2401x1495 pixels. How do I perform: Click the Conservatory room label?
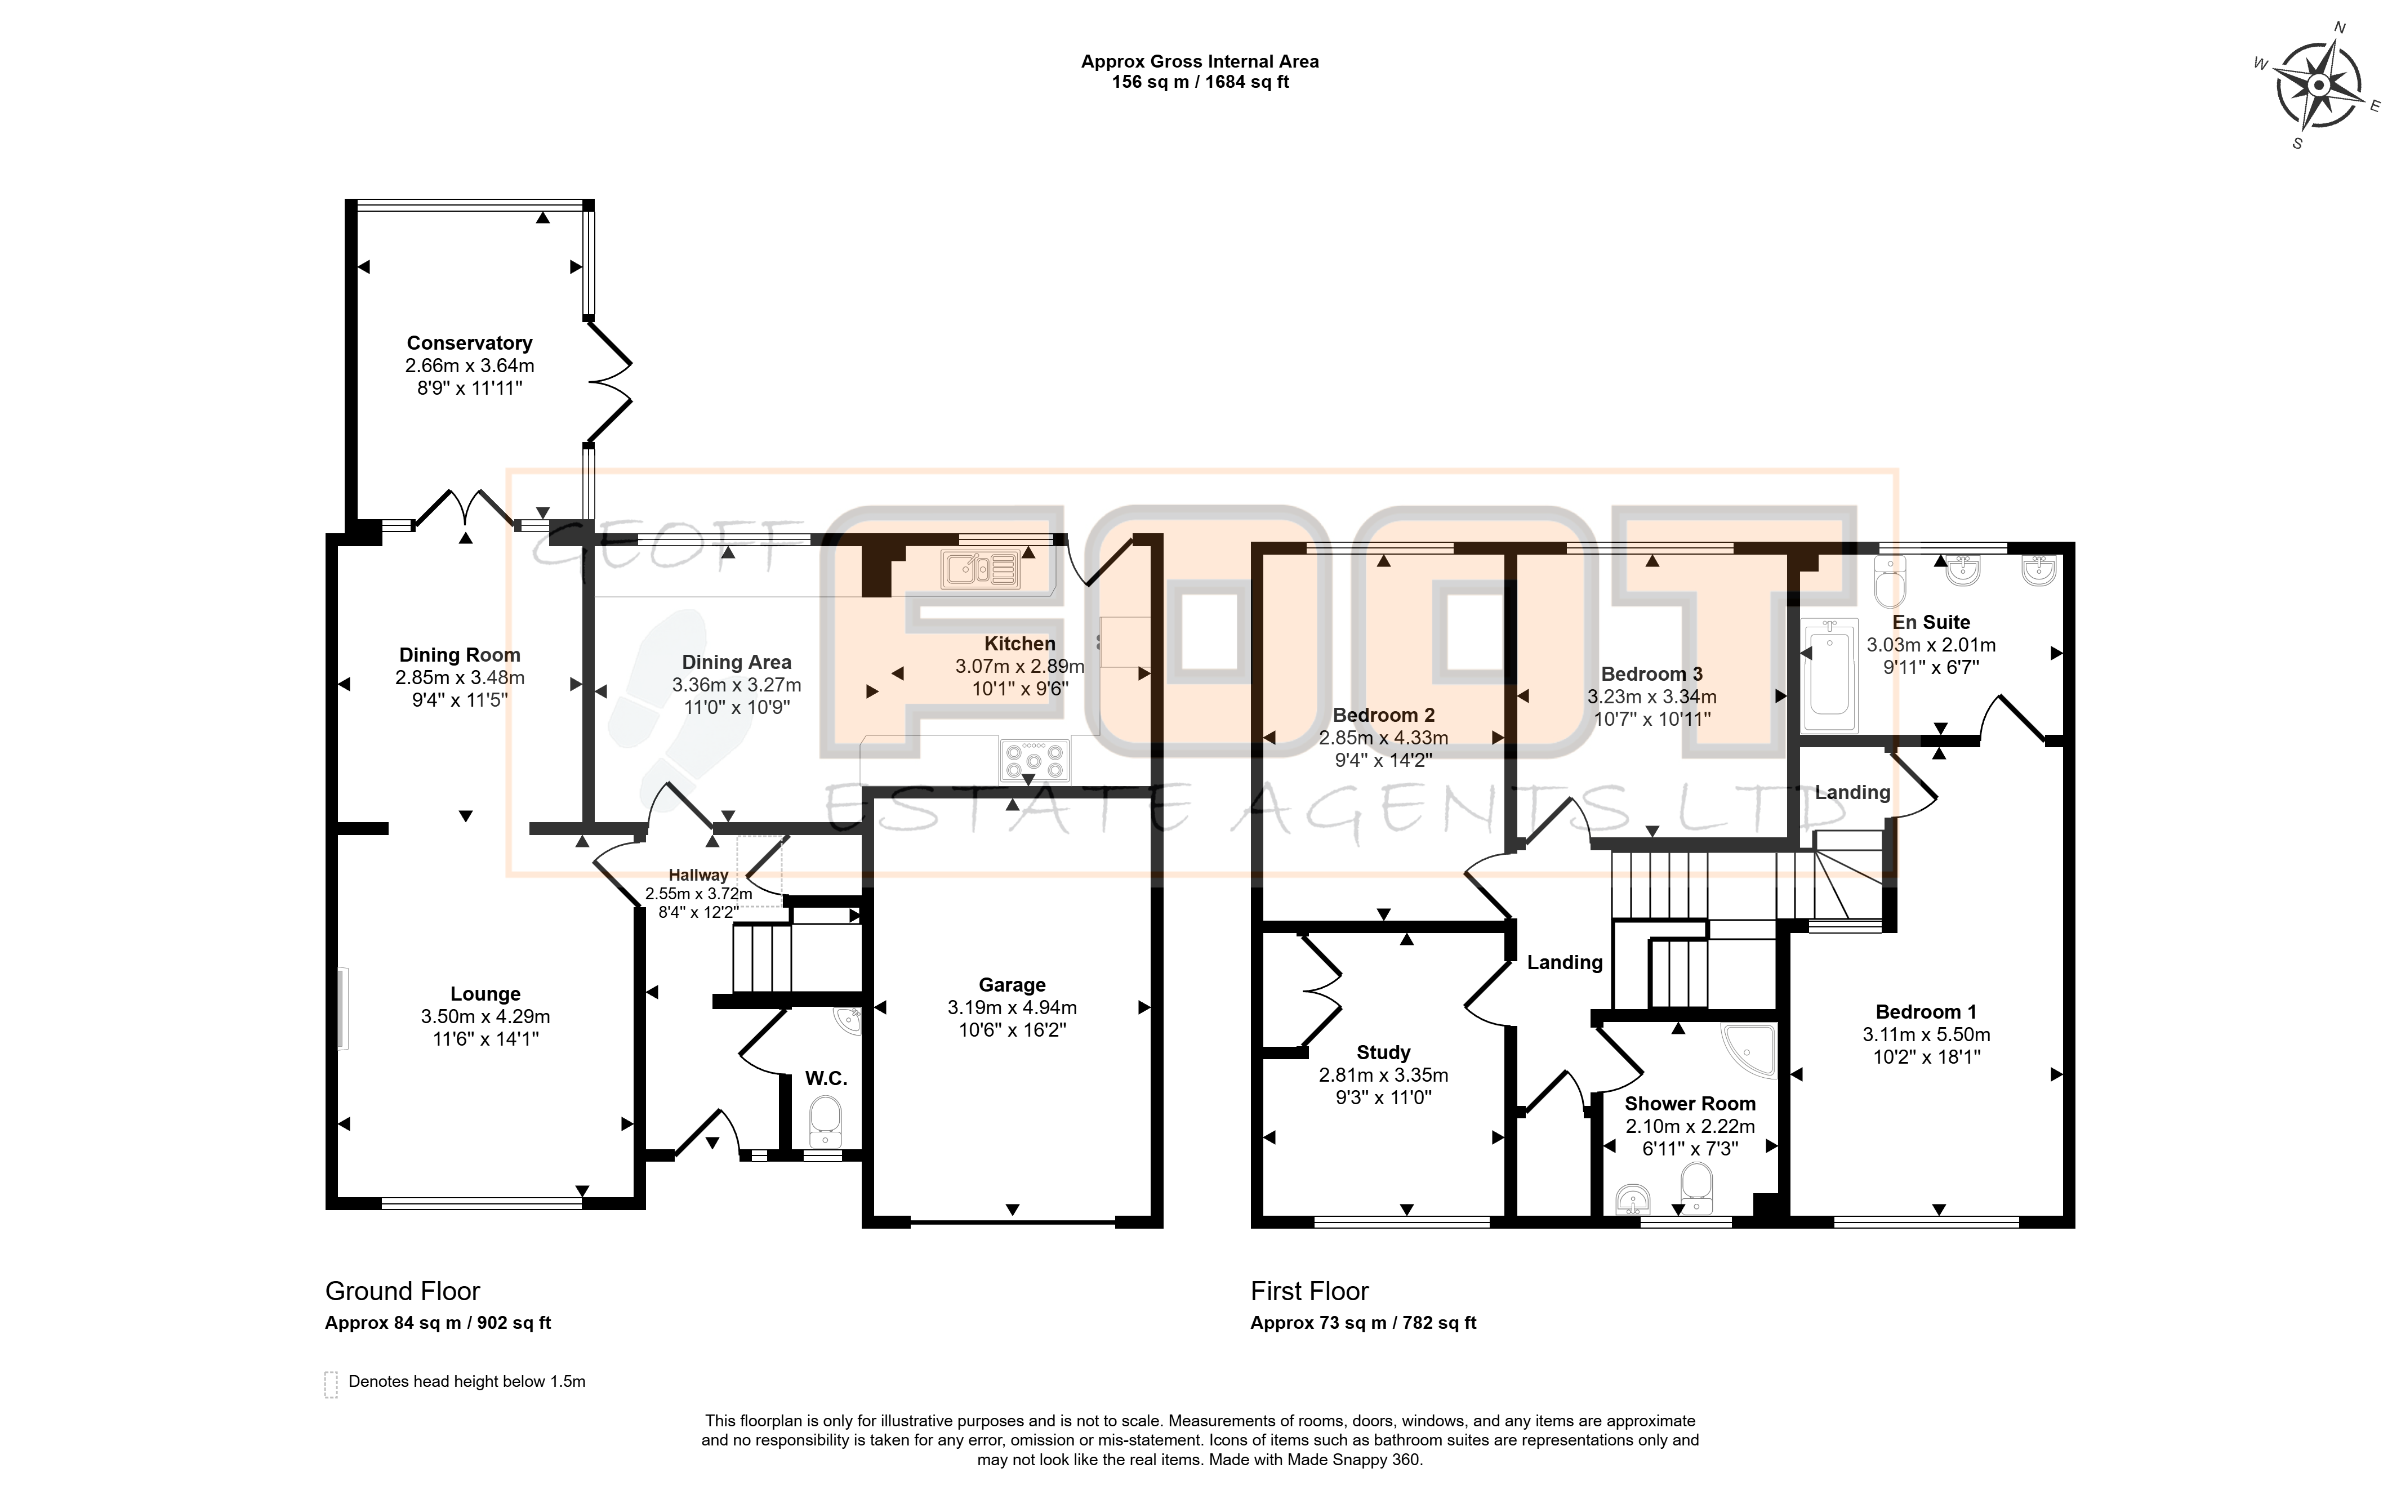click(470, 343)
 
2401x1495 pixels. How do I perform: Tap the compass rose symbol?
click(2319, 86)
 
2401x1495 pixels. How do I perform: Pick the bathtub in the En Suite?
click(1828, 667)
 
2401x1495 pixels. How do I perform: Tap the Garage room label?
click(1012, 985)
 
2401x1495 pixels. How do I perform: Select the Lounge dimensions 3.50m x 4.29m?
click(485, 1016)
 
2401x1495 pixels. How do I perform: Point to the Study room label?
click(1383, 1052)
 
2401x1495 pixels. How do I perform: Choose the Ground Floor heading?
click(403, 1291)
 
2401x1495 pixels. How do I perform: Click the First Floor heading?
click(1309, 1291)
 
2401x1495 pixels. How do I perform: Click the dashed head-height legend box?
click(331, 1384)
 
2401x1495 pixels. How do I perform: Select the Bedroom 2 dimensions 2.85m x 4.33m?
click(1383, 738)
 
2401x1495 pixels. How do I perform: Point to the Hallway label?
click(698, 875)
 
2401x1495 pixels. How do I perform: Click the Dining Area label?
click(737, 662)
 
